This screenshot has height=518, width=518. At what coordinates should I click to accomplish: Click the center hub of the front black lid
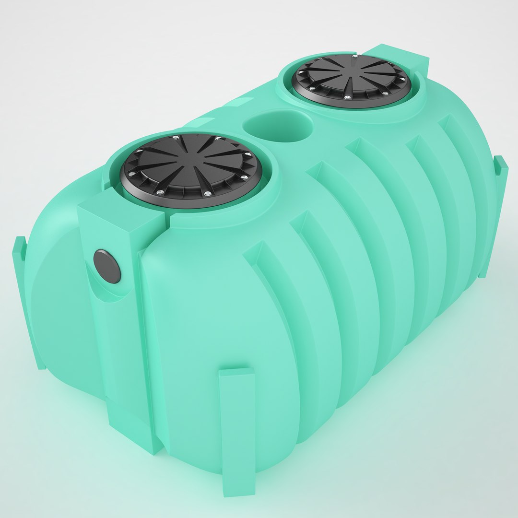[192, 169]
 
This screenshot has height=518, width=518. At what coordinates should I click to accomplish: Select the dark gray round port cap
[107, 266]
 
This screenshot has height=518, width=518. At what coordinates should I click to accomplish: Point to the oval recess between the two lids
[278, 125]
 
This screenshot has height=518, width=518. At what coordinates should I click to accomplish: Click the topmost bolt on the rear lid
[354, 57]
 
